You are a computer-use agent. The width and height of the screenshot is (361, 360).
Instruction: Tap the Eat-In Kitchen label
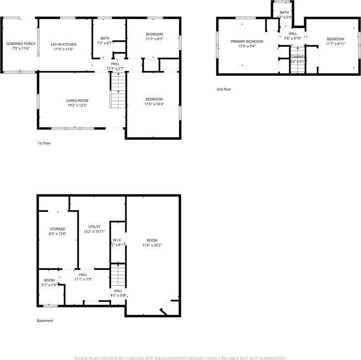pos(63,44)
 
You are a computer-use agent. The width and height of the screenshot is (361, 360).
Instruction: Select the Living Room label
pos(77,101)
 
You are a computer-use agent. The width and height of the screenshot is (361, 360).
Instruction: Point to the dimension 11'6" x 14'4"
pos(154,104)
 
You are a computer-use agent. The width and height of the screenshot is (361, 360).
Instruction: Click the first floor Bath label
pos(105,38)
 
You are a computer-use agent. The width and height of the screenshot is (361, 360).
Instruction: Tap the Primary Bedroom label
pos(247,41)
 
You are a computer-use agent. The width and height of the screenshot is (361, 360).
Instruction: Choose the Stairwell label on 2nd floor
pos(299,58)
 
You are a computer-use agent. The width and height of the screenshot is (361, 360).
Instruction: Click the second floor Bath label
pos(284,12)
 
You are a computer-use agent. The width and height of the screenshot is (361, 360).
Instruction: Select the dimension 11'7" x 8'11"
pos(335,44)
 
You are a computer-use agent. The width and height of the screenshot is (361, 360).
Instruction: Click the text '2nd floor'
pos(224,89)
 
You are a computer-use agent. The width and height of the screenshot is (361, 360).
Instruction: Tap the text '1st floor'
pos(44,143)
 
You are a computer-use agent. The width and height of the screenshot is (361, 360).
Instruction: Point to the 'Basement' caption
pos(45,320)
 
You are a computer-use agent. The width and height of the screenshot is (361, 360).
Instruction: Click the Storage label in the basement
pos(57,229)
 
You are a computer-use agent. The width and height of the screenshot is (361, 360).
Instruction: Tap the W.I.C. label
pos(118,240)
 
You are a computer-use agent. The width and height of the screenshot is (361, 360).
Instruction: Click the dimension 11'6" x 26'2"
pos(152,245)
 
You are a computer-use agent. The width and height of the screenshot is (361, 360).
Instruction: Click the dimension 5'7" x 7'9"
pos(50,285)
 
